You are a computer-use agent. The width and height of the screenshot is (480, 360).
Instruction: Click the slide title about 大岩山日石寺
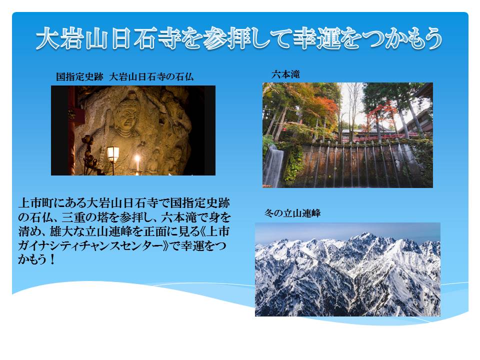(239, 39)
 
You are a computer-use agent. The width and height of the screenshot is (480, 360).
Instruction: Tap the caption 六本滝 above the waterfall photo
(285, 74)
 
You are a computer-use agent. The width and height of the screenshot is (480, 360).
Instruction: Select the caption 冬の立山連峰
(292, 213)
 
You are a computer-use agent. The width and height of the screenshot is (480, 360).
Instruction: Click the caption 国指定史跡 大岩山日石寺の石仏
(125, 76)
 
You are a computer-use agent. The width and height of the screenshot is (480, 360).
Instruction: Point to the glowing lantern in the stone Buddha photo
(113, 153)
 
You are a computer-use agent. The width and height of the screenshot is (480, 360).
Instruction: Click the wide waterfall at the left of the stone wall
(273, 165)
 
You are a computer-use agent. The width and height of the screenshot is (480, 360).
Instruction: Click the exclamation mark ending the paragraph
(52, 259)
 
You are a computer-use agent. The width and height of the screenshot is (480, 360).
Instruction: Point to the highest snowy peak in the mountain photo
(365, 235)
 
